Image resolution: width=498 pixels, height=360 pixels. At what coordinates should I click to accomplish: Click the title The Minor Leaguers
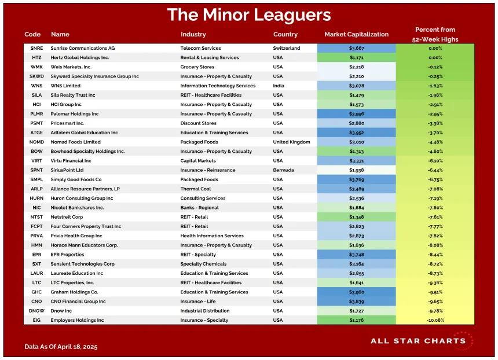[249, 15]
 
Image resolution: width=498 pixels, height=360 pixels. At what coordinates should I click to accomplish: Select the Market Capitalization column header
[356, 34]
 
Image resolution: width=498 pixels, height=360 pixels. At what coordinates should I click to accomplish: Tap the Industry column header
[193, 34]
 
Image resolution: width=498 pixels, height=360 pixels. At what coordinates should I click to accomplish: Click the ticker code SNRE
[36, 49]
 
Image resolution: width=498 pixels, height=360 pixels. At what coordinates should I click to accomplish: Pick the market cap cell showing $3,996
[356, 114]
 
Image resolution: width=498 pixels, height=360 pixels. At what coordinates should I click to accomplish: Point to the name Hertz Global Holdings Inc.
[80, 58]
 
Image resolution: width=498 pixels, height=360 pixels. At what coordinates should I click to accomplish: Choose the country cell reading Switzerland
[287, 49]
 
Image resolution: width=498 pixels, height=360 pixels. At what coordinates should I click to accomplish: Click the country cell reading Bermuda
[284, 170]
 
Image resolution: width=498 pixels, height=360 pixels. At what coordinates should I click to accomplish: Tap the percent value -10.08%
[435, 320]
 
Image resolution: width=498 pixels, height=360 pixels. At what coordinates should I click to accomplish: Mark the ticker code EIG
[36, 320]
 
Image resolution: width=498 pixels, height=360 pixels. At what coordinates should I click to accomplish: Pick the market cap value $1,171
[356, 58]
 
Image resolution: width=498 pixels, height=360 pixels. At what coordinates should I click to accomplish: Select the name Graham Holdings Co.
[75, 292]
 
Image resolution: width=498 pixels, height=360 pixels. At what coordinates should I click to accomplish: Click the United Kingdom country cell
[291, 142]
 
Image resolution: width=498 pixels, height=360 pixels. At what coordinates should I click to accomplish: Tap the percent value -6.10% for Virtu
[435, 161]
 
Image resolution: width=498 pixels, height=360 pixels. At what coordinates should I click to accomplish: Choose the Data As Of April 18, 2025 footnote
[61, 347]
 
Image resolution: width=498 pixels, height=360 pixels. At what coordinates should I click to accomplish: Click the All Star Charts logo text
[418, 341]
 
